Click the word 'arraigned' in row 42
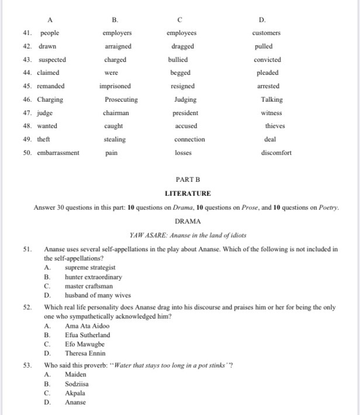click(118, 46)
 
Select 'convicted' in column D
click(267, 60)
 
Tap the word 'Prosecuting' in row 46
click(122, 99)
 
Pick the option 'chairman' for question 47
click(116, 113)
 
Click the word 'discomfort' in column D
click(276, 153)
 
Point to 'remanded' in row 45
click(51, 86)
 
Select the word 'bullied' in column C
click(178, 60)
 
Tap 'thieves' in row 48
click(275, 126)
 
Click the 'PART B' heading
click(188, 181)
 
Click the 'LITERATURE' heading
click(188, 193)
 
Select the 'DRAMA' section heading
click(188, 222)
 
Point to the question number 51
click(27, 250)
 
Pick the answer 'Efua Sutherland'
click(87, 335)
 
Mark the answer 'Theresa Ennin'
click(85, 353)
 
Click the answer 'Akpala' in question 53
click(75, 393)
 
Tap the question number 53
click(27, 365)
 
